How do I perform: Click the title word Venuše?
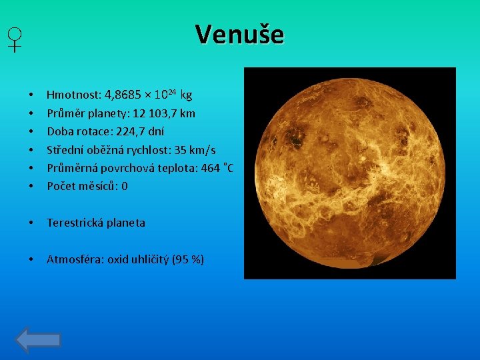(239, 34)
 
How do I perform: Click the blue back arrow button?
(39, 340)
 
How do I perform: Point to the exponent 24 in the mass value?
(171, 92)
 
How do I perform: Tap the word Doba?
(58, 131)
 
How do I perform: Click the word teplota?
(178, 167)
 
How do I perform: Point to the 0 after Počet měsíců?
(124, 186)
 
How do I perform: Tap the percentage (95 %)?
(188, 259)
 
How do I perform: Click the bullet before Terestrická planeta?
(31, 223)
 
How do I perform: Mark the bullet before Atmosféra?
(31, 259)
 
